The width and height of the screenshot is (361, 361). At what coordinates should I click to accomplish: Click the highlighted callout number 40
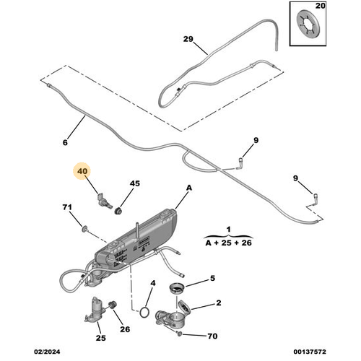pos(82,173)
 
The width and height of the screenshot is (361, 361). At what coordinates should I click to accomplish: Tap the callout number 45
pos(135,183)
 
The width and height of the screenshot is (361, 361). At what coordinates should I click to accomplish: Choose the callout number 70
pos(212,336)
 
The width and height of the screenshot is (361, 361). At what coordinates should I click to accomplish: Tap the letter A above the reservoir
pos(188,187)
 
